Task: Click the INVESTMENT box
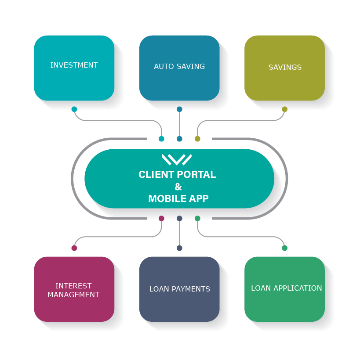(74, 68)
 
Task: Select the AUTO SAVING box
(179, 68)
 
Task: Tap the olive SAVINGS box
(284, 68)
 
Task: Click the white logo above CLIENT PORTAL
(176, 159)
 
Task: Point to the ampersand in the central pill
(178, 187)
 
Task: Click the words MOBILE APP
(178, 198)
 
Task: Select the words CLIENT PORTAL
(177, 174)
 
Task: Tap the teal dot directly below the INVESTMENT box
(74, 109)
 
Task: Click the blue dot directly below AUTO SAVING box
(179, 109)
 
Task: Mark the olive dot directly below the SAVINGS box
(284, 109)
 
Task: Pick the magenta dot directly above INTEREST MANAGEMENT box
(74, 248)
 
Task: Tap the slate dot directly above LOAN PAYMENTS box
(179, 248)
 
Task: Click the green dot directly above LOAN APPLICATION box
(284, 248)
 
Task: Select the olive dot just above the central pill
(197, 139)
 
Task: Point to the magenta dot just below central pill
(161, 218)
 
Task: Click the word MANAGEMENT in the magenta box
(73, 295)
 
